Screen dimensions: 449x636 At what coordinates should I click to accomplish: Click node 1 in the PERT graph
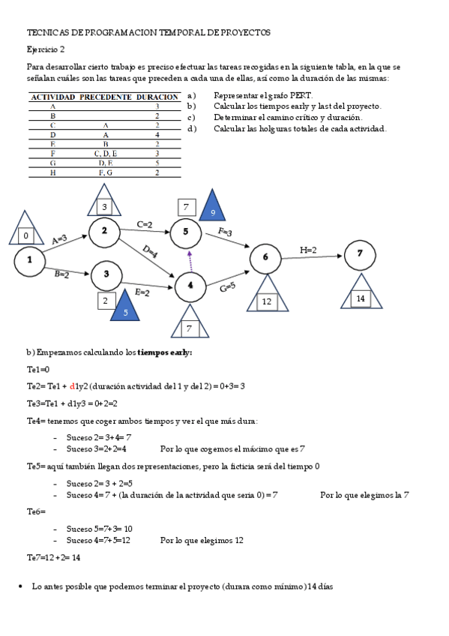[x=30, y=260]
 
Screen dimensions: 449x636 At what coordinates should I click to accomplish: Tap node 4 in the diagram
[x=190, y=285]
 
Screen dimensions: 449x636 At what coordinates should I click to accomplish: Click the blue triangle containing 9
[x=213, y=210]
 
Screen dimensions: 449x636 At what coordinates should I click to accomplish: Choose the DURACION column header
[x=159, y=97]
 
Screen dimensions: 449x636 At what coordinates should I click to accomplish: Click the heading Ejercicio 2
[x=46, y=49]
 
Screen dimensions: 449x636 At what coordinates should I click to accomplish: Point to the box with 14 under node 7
[x=361, y=298]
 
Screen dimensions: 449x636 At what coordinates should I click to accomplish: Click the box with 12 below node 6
[x=266, y=301]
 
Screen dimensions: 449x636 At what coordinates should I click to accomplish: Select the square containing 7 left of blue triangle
[x=187, y=206]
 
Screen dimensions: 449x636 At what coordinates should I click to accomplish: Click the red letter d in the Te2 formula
[x=72, y=386]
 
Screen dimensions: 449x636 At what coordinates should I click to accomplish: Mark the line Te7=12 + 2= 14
[x=53, y=557]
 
